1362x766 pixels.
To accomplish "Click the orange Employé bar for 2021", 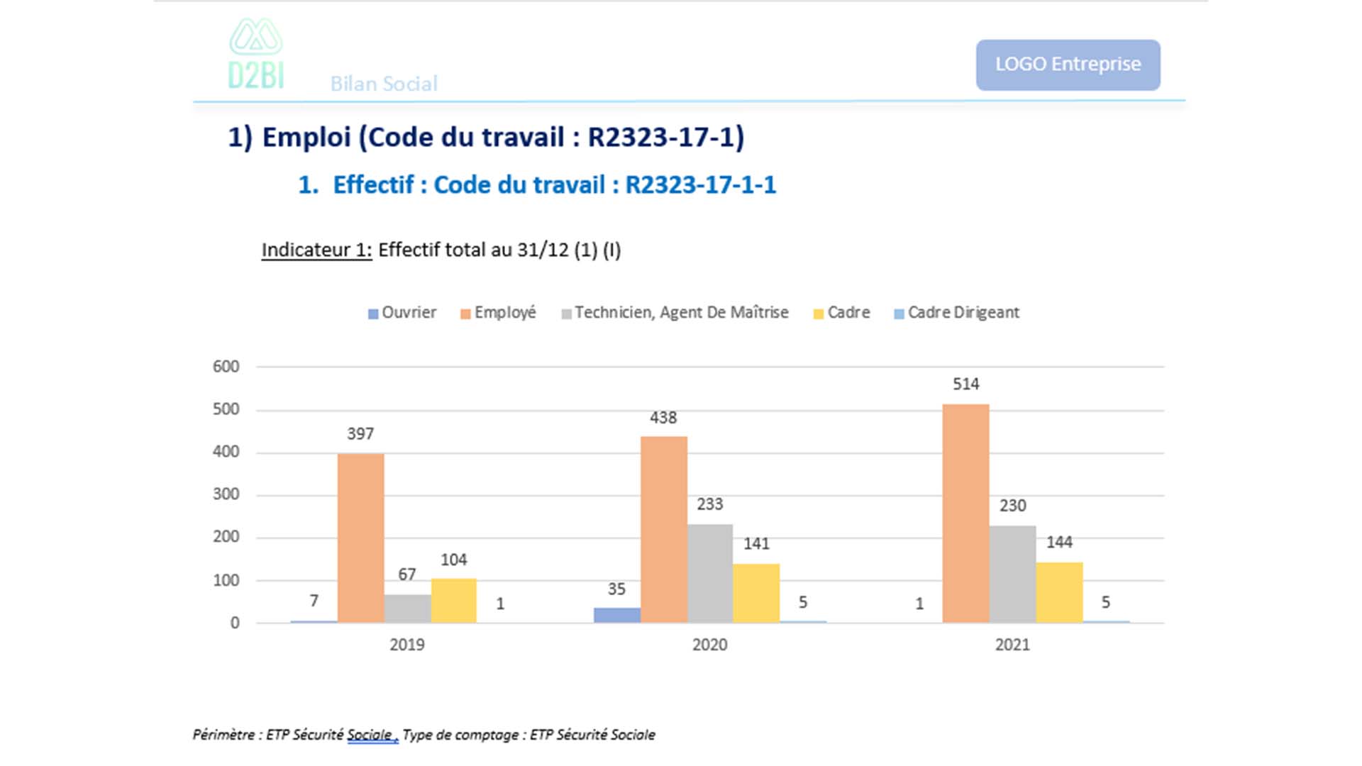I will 965,514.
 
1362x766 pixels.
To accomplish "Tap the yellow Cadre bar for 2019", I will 454,601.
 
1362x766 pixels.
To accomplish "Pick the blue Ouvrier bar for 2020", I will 616,615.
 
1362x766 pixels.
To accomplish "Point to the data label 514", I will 965,384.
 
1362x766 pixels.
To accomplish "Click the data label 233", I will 709,504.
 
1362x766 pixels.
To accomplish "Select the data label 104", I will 454,560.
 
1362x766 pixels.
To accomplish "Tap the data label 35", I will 616,589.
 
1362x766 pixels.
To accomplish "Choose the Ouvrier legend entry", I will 402,313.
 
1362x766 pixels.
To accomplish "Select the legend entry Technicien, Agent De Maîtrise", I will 675,313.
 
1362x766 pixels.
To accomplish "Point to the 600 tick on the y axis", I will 226,367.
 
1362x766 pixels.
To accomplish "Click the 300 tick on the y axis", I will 226,494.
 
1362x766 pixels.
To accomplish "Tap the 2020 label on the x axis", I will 709,645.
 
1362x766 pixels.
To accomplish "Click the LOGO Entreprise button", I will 1068,65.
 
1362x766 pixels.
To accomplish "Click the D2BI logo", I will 255,55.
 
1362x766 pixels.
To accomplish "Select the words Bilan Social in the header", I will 384,84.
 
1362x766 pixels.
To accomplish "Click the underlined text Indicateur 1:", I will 316,250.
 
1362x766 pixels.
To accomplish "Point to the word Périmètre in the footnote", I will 223,735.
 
